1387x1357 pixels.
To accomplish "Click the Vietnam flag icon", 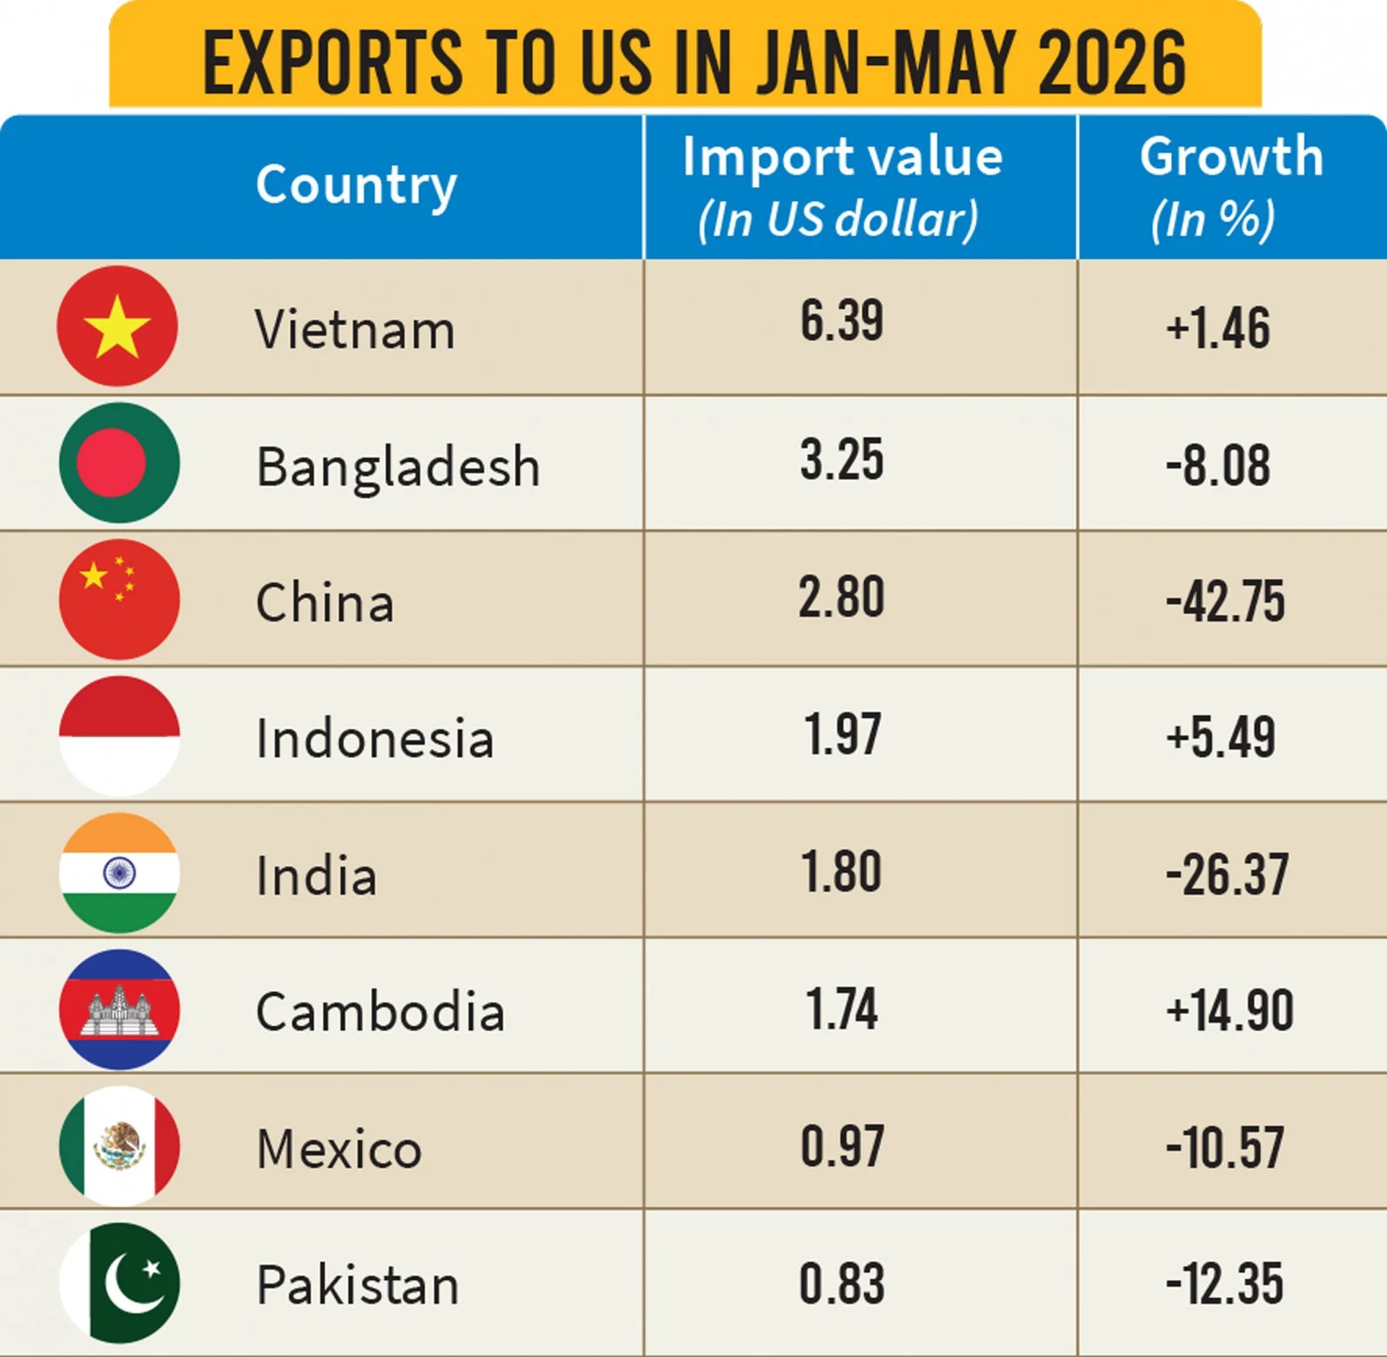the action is coord(117,326).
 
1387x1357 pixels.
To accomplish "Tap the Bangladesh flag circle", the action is coord(120,463).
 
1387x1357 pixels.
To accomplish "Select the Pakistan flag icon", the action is coord(120,1282).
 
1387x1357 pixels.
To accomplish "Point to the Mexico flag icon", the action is coord(120,1146).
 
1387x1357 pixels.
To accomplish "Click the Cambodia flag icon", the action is coord(120,1010).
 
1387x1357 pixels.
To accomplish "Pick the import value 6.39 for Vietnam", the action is coord(842,321).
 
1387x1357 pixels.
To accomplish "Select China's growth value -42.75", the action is coord(1225,601).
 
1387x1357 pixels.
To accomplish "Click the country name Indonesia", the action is coord(374,738).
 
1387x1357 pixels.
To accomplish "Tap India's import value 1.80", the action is coord(842,872).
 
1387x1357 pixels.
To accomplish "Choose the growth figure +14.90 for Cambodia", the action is coord(1229,1010).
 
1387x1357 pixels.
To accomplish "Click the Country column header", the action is coord(356,185).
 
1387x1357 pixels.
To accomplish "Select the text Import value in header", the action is coord(842,158).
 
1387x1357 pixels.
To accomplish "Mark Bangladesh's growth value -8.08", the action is coord(1218,465).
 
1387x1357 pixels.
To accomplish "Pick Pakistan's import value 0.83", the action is coord(842,1283).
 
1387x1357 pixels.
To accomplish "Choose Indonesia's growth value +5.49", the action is coord(1221,737).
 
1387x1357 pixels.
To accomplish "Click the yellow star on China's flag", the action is coord(93,575).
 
